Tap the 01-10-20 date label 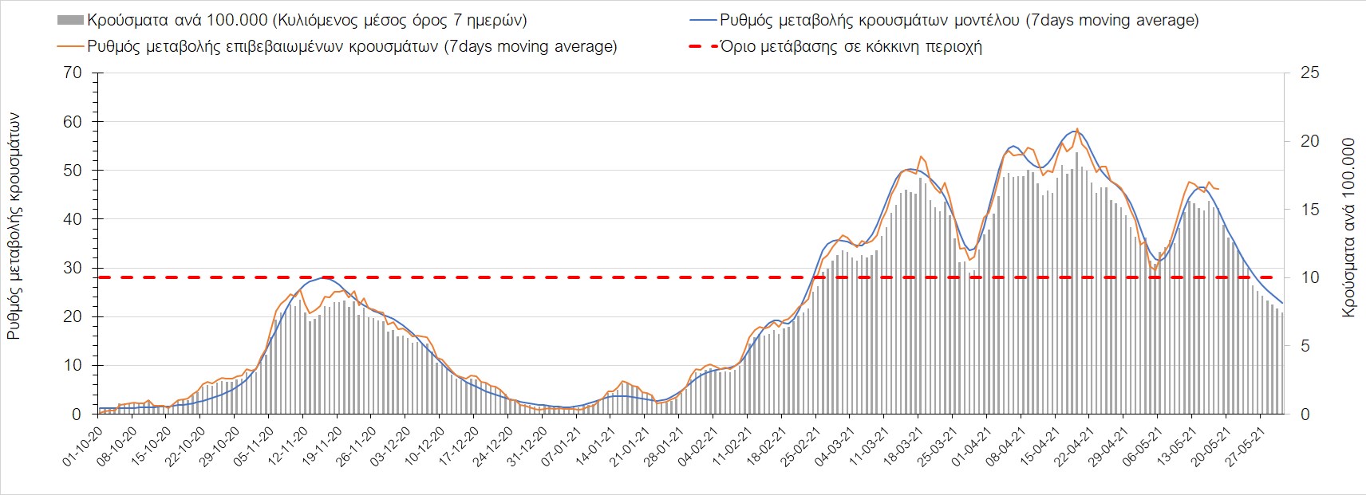coord(83,446)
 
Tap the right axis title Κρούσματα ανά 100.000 coord(1348,228)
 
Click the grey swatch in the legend coord(69,20)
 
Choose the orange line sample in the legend coord(69,46)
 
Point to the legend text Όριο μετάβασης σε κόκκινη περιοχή coord(851,46)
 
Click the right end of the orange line coord(1218,189)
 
